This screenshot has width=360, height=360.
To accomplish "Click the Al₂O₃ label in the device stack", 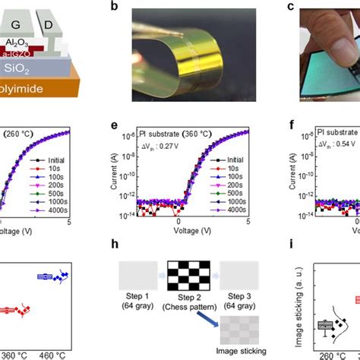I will point(30,44).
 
